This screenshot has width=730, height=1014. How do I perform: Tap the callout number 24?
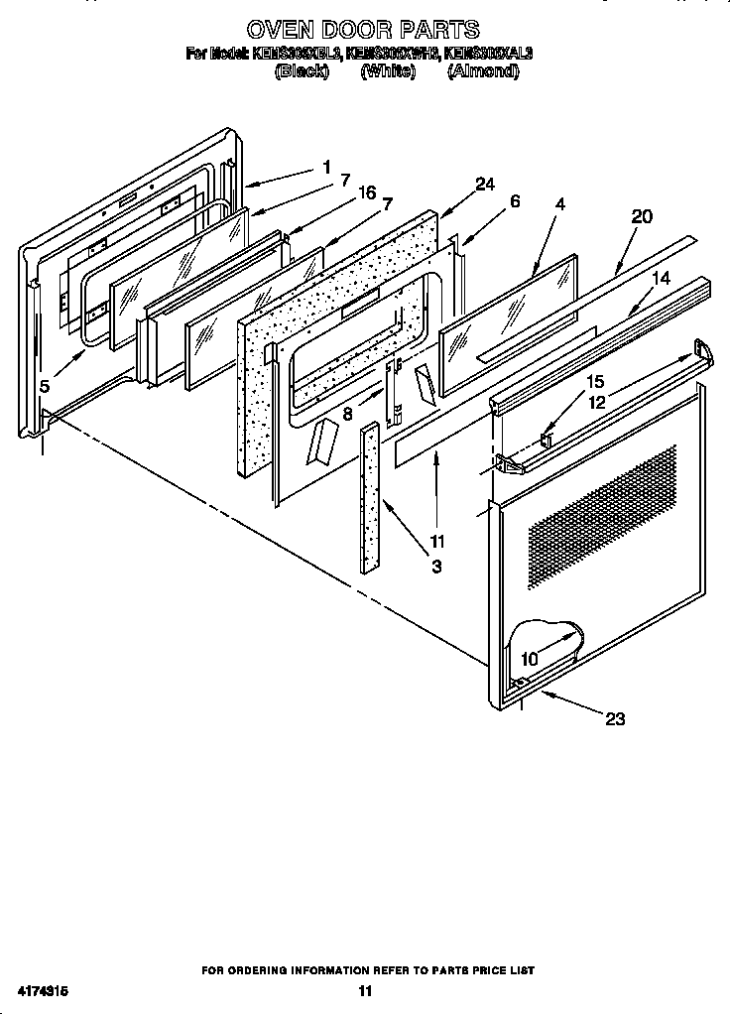point(484,184)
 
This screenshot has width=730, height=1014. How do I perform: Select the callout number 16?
point(367,192)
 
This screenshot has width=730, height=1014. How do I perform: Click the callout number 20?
point(642,216)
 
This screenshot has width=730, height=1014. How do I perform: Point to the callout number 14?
point(661,279)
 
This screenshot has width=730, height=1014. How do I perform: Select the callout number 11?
point(436,542)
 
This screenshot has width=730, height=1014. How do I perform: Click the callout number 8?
point(347,414)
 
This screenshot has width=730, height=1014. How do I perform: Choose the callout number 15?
point(594,381)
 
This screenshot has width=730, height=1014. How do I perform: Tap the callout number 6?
point(515,200)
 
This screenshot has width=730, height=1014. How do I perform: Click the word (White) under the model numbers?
point(387,71)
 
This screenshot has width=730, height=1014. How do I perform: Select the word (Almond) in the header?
point(482,71)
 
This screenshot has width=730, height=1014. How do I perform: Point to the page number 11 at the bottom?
point(364,990)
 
